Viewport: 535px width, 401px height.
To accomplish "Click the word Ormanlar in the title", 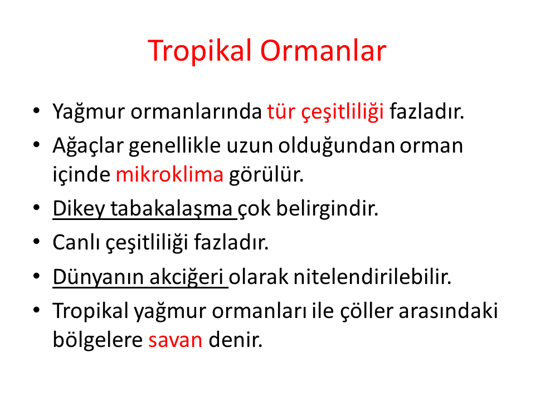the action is click(323, 51).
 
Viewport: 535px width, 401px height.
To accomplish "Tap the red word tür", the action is click(281, 111).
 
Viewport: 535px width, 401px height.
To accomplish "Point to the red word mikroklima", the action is click(169, 174).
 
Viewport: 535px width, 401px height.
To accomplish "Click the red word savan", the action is click(176, 340).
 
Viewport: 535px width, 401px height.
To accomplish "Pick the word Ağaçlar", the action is click(88, 146).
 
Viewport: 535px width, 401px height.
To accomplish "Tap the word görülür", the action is click(266, 174).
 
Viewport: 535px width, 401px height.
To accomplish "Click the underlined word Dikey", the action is click(79, 208).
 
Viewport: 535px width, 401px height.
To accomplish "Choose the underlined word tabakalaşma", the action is click(171, 208).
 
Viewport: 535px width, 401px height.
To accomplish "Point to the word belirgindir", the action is click(327, 208).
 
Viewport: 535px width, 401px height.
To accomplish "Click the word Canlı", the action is click(76, 242).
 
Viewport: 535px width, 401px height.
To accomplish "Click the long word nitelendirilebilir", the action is click(372, 277).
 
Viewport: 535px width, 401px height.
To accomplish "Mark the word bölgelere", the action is click(98, 340).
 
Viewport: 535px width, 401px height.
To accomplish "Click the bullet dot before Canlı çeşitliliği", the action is click(37, 242).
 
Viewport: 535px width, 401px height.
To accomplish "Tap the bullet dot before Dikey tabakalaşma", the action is click(37, 208).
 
